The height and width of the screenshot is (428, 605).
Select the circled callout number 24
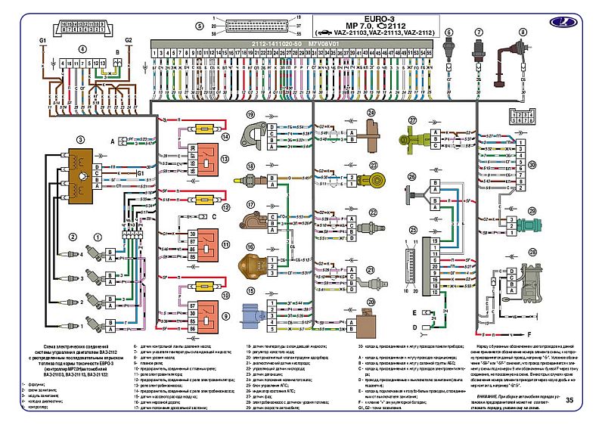pyautogui.click(x=371, y=113)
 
